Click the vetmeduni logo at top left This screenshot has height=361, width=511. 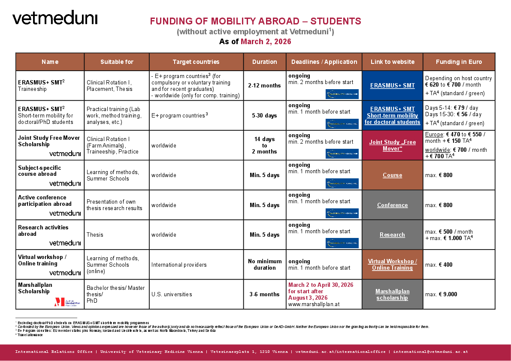(x=55, y=18)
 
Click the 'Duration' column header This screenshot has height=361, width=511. (x=265, y=62)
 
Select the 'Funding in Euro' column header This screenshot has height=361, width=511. (x=459, y=62)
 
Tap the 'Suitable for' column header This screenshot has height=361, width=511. (x=117, y=62)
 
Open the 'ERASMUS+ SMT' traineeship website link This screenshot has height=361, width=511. (x=392, y=85)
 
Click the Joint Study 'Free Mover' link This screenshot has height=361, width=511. (x=392, y=145)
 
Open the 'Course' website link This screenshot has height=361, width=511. (x=392, y=175)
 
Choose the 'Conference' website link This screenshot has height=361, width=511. (x=392, y=205)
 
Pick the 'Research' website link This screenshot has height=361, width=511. (x=392, y=235)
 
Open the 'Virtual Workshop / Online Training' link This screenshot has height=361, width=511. (x=392, y=265)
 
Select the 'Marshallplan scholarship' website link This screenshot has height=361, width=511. (x=392, y=295)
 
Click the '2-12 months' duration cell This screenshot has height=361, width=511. (x=265, y=85)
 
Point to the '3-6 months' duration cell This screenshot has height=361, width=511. (x=265, y=295)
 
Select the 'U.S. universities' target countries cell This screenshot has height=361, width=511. (x=172, y=295)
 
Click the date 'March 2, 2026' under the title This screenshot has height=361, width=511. (x=266, y=42)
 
